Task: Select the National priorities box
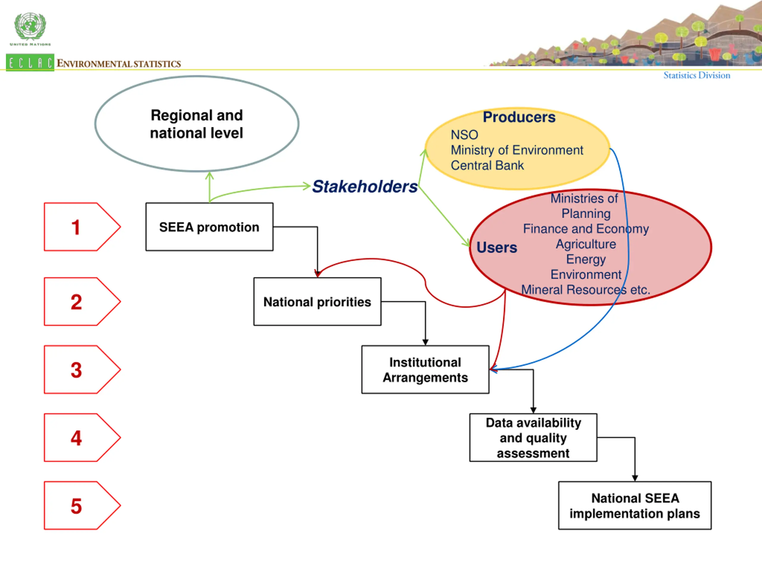(317, 302)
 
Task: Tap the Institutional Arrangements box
(425, 370)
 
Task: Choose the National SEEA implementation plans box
(635, 505)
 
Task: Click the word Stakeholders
(364, 186)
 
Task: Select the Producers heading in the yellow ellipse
(519, 117)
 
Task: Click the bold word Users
(496, 247)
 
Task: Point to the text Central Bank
(487, 166)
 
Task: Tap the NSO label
(464, 135)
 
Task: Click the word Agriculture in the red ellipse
(585, 244)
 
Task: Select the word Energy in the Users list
(585, 259)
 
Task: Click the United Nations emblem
(30, 27)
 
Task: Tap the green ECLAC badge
(30, 63)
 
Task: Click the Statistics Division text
(697, 75)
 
